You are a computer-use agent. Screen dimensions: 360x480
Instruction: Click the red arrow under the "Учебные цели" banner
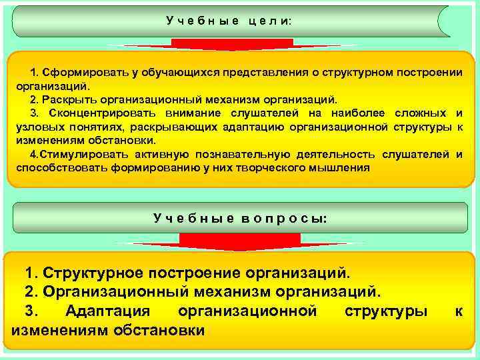coord(233,45)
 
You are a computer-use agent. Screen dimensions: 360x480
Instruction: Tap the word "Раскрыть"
coord(64,99)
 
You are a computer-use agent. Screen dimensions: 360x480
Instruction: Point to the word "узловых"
coord(39,127)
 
